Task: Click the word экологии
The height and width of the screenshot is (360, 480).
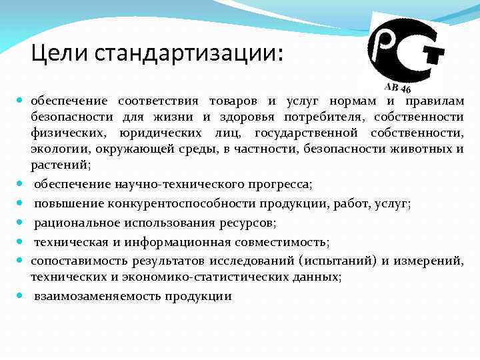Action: pyautogui.click(x=55, y=149)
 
